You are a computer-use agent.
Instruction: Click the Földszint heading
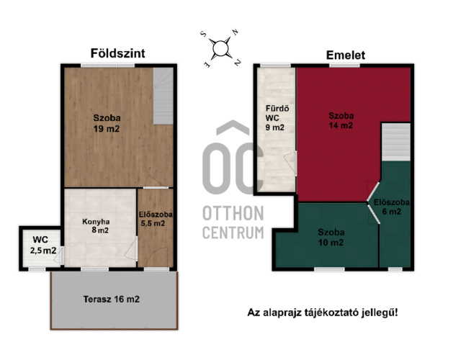pyautogui.click(x=117, y=53)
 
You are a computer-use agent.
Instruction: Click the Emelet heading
pyautogui.click(x=346, y=55)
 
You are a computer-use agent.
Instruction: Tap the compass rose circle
pyautogui.click(x=220, y=49)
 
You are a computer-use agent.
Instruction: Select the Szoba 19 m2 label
pyautogui.click(x=107, y=123)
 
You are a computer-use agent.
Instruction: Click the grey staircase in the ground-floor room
pyautogui.click(x=163, y=96)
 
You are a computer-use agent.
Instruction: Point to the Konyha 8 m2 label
pyautogui.click(x=96, y=226)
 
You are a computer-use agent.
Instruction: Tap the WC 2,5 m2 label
pyautogui.click(x=42, y=245)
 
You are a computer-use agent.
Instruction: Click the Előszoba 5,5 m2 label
pyautogui.click(x=156, y=219)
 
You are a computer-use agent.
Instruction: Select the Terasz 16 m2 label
pyautogui.click(x=111, y=299)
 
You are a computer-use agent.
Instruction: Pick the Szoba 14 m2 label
pyautogui.click(x=341, y=120)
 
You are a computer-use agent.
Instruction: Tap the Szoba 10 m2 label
pyautogui.click(x=331, y=238)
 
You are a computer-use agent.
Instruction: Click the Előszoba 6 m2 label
pyautogui.click(x=391, y=207)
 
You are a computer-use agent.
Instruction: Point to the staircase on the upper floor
pyautogui.click(x=396, y=142)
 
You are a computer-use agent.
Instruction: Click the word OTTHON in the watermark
pyautogui.click(x=233, y=213)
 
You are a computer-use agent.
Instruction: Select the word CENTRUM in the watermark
pyautogui.click(x=233, y=233)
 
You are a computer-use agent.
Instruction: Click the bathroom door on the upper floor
pyautogui.click(x=291, y=163)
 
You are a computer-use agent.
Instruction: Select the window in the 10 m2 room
pyautogui.click(x=329, y=269)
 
